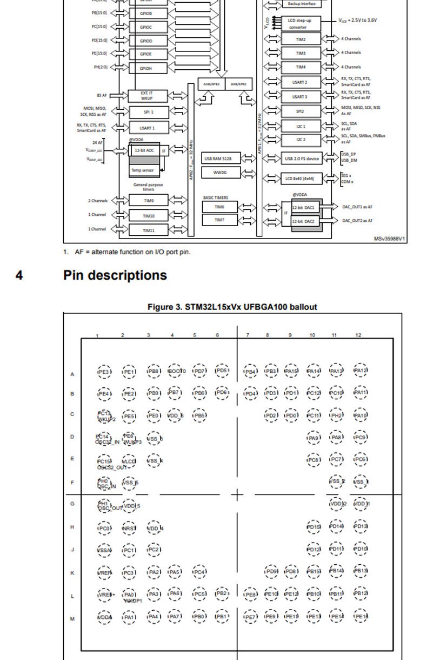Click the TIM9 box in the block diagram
pos(149,201)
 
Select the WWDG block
pos(221,173)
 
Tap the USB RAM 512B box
pos(221,159)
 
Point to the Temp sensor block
pos(143,170)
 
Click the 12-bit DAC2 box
pos(303,221)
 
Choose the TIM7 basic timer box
pos(219,220)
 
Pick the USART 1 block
pos(149,128)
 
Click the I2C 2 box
pos(301,140)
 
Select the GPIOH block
pos(146,68)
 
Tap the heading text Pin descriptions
pos(115,275)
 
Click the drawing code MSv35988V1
pos(390,239)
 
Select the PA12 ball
pos(360,371)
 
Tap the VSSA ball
pos(104,551)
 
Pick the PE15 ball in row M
pos(361,616)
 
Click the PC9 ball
pos(360,437)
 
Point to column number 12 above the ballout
pos(358,335)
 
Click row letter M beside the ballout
pos(72,619)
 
